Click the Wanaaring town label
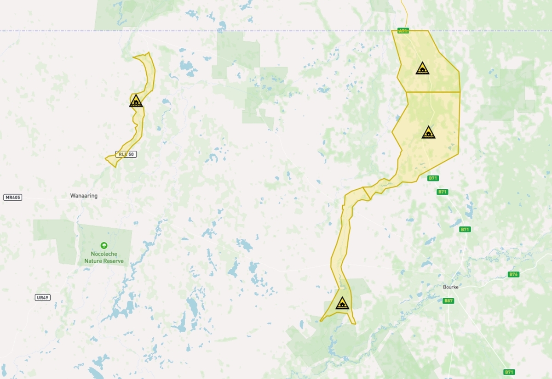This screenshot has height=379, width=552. tap(84, 196)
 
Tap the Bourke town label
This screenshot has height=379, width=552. tap(451, 287)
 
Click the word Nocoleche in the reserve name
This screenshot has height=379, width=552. tap(104, 254)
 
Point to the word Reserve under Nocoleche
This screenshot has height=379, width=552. tap(114, 261)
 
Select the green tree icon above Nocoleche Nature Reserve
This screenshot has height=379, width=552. tap(104, 246)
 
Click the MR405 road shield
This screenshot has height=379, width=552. tap(13, 198)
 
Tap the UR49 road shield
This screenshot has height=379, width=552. tap(42, 298)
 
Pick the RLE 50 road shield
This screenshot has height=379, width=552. tap(126, 154)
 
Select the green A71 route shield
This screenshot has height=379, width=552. tap(403, 31)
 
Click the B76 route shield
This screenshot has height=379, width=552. tap(513, 274)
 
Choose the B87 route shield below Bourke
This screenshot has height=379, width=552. tap(448, 301)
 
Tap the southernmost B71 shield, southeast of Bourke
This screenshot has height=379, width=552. tap(509, 372)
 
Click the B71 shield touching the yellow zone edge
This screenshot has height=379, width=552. tap(433, 178)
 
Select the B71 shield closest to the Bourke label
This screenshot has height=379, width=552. tap(465, 229)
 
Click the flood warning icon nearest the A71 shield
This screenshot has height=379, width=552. tap(422, 69)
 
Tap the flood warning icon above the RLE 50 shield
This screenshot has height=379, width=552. tap(136, 101)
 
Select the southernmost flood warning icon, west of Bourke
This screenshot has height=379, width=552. tap(342, 304)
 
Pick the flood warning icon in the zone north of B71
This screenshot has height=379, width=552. tap(428, 133)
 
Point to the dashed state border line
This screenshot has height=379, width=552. tap(276, 31)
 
